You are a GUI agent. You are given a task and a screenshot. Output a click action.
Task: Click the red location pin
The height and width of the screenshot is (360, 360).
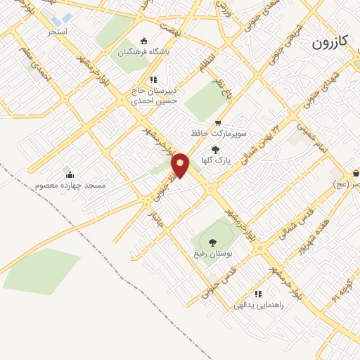click(181, 165)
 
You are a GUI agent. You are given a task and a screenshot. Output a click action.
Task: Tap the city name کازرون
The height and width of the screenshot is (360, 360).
click(330, 43)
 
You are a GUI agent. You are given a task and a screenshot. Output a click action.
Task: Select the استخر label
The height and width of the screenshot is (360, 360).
click(58, 32)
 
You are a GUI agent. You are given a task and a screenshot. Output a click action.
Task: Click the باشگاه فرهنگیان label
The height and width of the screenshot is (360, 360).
click(144, 53)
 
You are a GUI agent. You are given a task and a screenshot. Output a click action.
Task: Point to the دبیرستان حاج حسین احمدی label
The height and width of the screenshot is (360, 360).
click(154, 96)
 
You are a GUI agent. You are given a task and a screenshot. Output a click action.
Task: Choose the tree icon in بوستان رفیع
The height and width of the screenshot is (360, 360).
click(212, 242)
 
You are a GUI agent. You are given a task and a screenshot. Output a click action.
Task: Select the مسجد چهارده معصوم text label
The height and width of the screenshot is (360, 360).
click(70, 186)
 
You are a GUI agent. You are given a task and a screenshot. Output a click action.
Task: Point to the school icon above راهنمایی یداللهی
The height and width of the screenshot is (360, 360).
click(258, 294)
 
